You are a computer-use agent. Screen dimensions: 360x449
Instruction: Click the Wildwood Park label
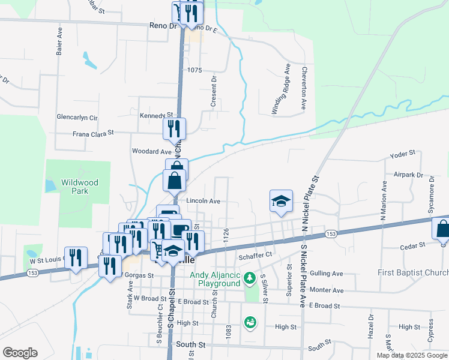tap(79, 187)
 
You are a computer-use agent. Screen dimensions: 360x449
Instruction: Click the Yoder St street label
tap(402, 155)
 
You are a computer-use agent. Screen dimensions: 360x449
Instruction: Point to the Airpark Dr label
tap(401, 175)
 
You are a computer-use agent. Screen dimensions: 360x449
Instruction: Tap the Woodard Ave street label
tap(152, 152)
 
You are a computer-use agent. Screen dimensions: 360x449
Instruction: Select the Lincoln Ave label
tap(203, 201)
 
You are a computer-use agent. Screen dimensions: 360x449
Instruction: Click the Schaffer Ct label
tap(256, 254)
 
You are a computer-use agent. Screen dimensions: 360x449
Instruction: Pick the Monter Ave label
tap(327, 290)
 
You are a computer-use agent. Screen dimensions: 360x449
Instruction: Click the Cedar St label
tap(413, 245)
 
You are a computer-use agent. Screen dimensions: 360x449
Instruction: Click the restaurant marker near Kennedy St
tap(175, 128)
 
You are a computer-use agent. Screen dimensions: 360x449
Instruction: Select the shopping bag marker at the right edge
tap(442, 229)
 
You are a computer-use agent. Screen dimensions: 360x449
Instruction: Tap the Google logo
tap(20, 353)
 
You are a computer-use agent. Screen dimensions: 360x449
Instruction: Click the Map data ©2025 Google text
tap(412, 355)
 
